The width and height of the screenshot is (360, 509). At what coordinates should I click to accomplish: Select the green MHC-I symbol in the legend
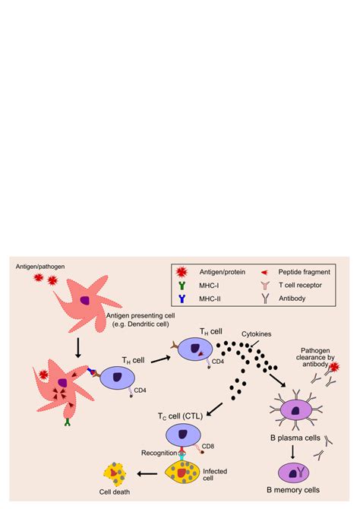click(x=183, y=286)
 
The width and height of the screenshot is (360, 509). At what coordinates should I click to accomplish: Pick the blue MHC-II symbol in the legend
click(x=183, y=299)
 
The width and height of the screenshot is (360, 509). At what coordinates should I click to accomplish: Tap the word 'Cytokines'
click(x=256, y=334)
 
